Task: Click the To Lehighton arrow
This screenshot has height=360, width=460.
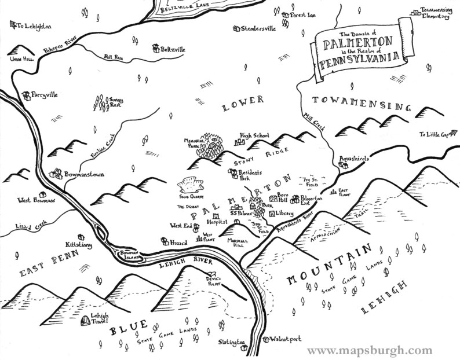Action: [x=13, y=24]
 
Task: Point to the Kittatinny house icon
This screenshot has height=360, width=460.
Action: [x=81, y=236]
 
